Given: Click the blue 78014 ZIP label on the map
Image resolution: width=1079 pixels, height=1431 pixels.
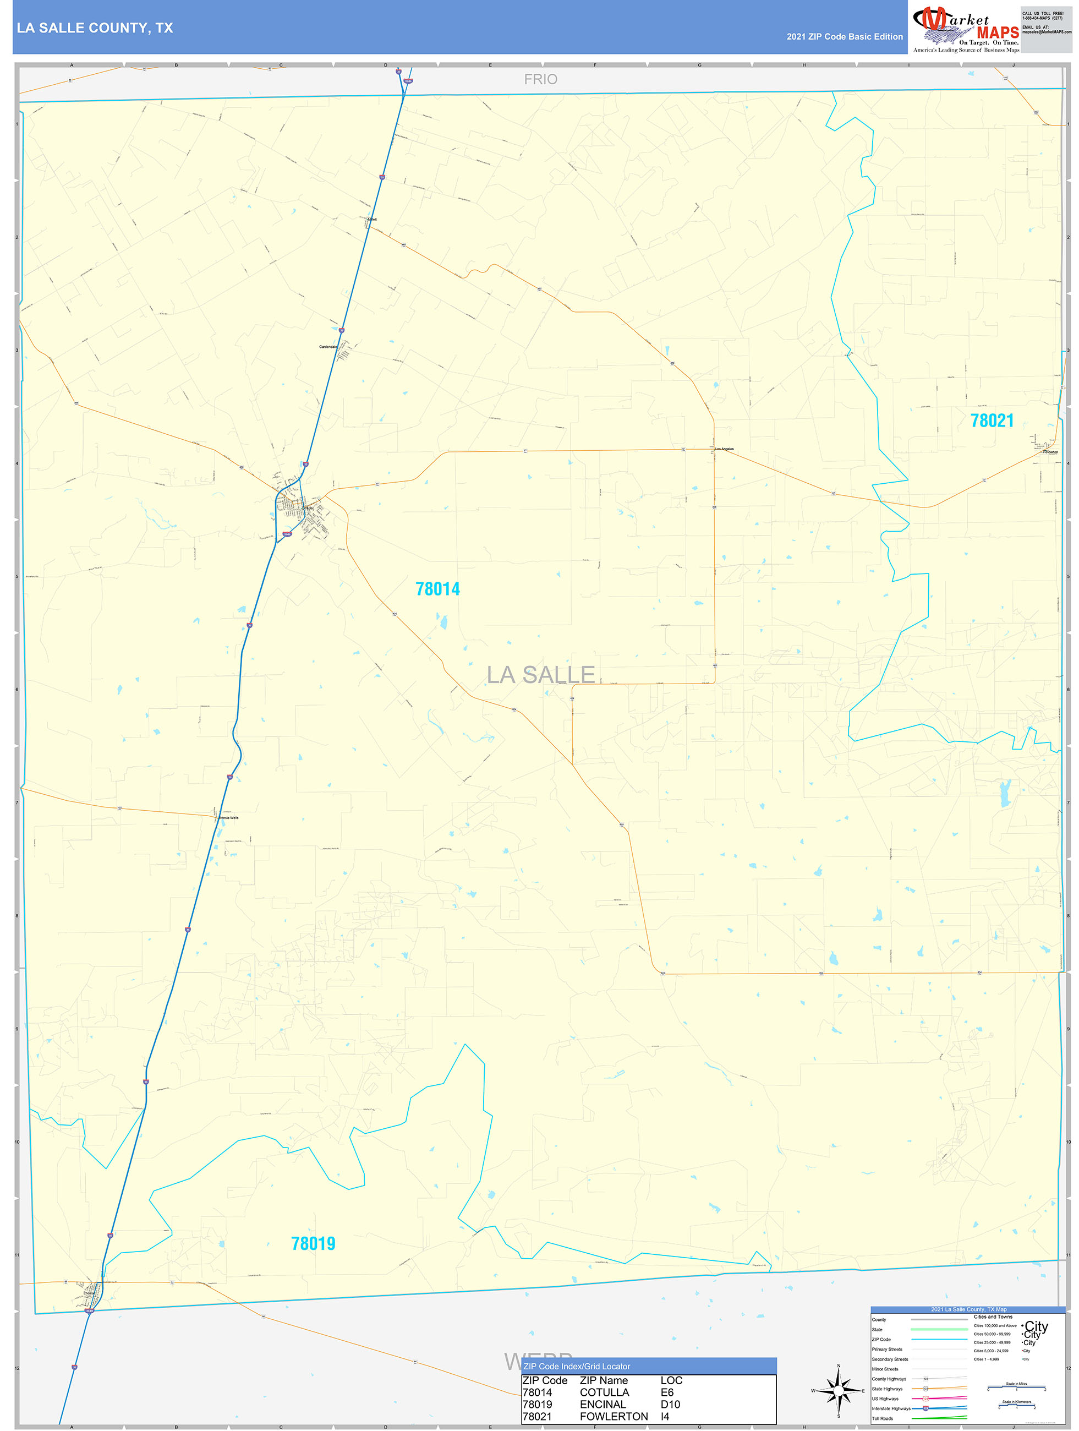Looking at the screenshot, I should [x=437, y=589].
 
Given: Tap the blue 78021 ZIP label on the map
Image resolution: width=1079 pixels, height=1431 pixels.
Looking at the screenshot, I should [x=991, y=420].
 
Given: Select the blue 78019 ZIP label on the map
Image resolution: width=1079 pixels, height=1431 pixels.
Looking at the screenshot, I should [x=313, y=1243].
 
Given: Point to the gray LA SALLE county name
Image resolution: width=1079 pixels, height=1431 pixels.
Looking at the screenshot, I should [x=540, y=674].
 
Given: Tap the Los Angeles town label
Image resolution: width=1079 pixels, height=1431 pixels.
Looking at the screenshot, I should [x=724, y=449].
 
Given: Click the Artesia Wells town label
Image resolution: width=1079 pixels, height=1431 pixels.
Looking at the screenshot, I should [x=228, y=818].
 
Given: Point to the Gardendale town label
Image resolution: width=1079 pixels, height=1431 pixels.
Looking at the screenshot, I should [x=328, y=347].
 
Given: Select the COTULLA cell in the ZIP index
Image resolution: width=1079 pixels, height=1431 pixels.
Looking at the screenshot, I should [x=604, y=1392].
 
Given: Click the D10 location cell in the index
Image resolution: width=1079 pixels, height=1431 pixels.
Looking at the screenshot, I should [x=670, y=1405].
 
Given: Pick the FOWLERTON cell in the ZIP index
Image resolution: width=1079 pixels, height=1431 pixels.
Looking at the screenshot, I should [x=614, y=1417].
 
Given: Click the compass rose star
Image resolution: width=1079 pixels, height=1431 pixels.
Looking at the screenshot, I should [x=839, y=1390].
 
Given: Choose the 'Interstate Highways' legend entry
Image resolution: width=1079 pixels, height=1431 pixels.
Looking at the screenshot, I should [x=891, y=1408].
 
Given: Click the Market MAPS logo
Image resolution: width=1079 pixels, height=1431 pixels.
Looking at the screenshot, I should [x=966, y=29].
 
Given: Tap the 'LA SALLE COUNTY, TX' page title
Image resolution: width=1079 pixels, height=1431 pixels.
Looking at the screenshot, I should [x=95, y=28].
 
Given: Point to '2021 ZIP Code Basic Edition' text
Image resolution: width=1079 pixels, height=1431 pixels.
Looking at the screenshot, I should [x=844, y=37].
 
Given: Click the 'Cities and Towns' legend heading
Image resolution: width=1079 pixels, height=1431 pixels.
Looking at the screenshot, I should [x=993, y=1317].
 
